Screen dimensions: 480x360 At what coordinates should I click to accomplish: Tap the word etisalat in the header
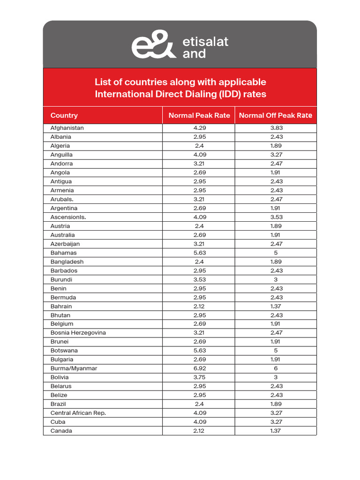[205, 42]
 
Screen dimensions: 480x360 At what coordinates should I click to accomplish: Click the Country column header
[64, 115]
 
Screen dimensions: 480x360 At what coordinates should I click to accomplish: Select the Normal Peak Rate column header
[199, 115]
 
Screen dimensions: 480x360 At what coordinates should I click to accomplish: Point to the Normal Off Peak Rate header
[276, 115]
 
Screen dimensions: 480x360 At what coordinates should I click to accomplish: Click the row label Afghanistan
[67, 128]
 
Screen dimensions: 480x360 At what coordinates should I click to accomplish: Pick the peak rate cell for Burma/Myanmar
[199, 368]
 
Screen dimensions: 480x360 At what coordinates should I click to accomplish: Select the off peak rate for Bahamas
[276, 253]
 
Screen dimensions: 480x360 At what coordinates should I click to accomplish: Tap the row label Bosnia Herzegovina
[78, 333]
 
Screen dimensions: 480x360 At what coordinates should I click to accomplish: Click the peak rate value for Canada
[199, 431]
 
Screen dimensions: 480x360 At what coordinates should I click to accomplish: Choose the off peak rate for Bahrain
[276, 306]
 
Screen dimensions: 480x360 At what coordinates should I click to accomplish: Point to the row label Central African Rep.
[78, 413]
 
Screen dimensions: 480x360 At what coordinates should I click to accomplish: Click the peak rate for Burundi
[199, 279]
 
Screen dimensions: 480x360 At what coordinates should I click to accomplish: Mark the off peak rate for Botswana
[276, 351]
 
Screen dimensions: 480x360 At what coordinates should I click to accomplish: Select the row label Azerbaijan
[65, 244]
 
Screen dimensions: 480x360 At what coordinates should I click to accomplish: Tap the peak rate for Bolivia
[199, 377]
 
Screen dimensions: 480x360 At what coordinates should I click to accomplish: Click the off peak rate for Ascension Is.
[276, 217]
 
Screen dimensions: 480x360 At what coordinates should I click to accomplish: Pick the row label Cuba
[58, 422]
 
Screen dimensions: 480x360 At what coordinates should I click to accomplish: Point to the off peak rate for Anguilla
[276, 155]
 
